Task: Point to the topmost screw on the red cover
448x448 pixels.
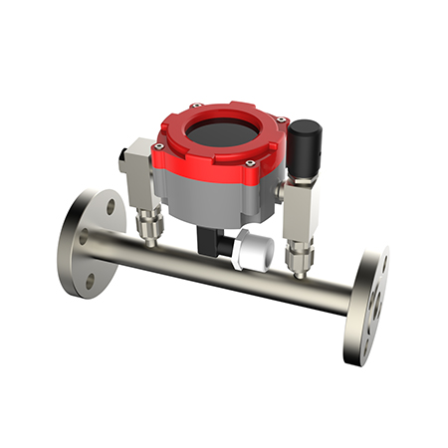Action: click(197, 105)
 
